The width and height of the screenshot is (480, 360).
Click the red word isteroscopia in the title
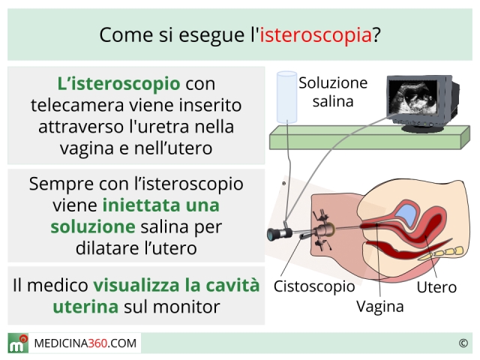[316, 35]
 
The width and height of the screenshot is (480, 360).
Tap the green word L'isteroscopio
[118, 83]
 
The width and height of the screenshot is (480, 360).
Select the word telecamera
[78, 105]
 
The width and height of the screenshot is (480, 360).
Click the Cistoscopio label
[314, 286]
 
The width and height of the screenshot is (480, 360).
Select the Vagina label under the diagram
[380, 306]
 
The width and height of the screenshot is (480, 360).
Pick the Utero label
[436, 287]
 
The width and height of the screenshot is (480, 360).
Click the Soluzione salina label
[333, 91]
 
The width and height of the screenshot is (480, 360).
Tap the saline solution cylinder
[286, 97]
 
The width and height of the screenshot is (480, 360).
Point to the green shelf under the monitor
[370, 137]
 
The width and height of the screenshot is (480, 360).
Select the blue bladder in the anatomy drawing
[407, 214]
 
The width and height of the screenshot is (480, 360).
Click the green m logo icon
[18, 343]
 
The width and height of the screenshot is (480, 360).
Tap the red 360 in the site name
[97, 343]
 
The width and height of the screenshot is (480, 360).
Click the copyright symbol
[463, 343]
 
